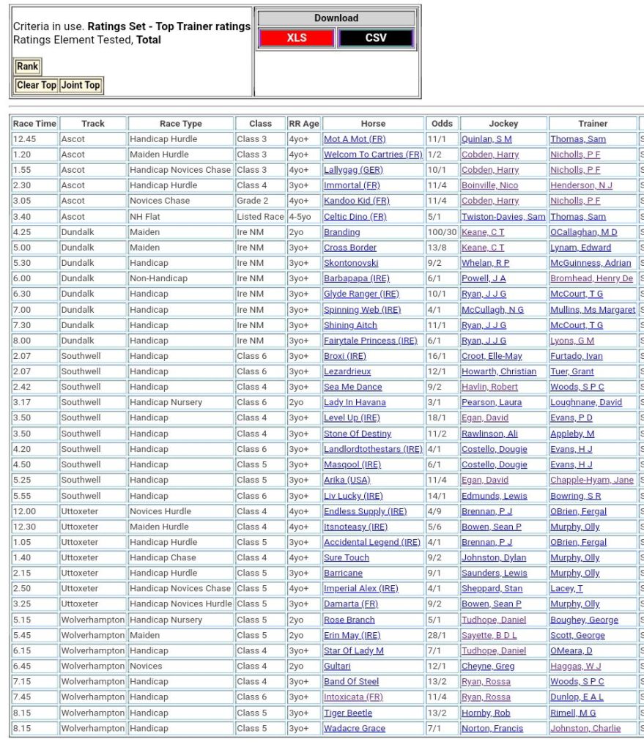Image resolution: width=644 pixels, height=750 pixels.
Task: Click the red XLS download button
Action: [x=296, y=38]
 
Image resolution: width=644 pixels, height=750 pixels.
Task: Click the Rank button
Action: [x=28, y=67]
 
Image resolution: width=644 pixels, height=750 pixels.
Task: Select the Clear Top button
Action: [x=37, y=85]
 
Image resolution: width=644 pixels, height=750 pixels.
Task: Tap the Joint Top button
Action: [x=81, y=85]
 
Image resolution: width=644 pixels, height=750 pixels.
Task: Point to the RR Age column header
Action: [x=303, y=124]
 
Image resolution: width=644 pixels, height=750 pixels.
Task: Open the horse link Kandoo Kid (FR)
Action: [x=357, y=201]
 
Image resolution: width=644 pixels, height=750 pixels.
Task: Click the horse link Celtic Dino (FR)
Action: [x=355, y=217]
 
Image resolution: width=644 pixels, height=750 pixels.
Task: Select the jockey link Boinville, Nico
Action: [x=490, y=185]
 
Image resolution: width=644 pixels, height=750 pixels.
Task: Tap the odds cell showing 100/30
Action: [x=442, y=232]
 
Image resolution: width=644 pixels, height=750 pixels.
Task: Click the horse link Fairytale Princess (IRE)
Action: [x=370, y=341]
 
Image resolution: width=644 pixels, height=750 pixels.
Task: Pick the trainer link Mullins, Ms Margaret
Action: [x=593, y=310]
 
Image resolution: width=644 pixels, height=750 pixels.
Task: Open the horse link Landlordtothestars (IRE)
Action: [x=373, y=449]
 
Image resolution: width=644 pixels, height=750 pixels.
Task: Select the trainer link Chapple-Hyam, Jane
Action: [x=592, y=480]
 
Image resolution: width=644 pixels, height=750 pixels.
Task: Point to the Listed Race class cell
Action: [x=260, y=217]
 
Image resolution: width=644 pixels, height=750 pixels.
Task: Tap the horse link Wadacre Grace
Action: [x=355, y=728]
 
